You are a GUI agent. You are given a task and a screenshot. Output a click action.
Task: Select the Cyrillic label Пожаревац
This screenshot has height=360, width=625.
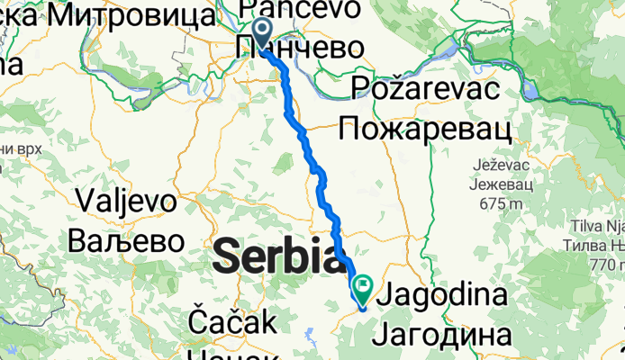point(425,130)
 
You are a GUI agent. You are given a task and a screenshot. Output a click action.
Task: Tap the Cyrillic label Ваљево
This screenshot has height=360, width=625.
point(126,241)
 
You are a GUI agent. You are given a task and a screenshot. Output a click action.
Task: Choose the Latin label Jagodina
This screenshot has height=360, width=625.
point(445,295)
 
